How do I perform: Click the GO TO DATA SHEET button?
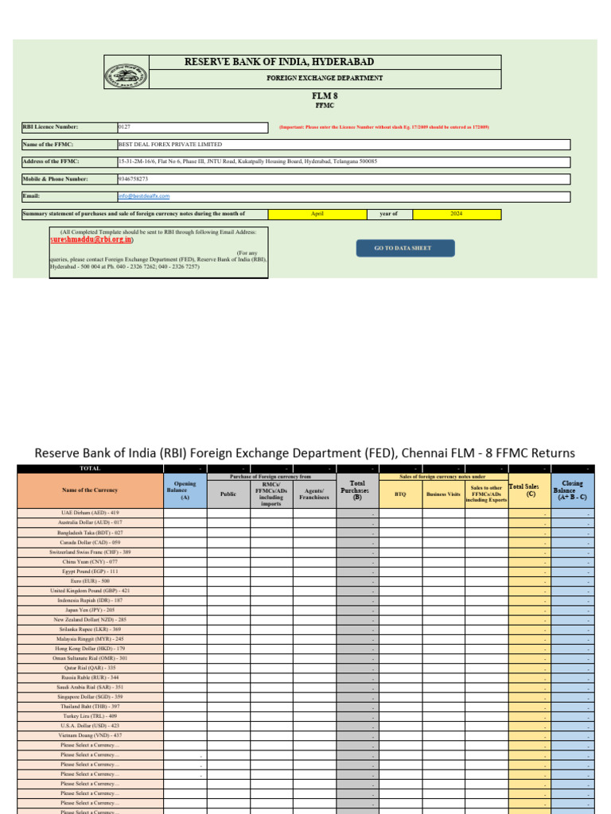tap(405, 249)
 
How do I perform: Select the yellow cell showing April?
tap(317, 214)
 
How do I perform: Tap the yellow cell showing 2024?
tap(457, 214)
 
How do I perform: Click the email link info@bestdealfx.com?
tap(144, 196)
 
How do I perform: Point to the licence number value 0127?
tap(124, 127)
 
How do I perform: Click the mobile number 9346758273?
tap(132, 179)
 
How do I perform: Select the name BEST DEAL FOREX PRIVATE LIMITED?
tap(169, 145)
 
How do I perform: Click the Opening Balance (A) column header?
tap(185, 490)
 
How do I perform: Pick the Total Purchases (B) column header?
tap(357, 490)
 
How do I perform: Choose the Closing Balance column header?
tap(572, 490)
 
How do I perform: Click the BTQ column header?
tap(400, 494)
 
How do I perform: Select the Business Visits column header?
tap(443, 494)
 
